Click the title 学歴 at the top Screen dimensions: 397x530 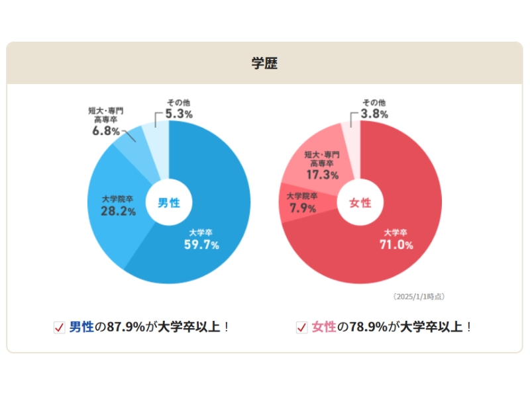pyautogui.click(x=264, y=64)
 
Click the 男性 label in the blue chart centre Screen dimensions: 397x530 pyautogui.click(x=168, y=203)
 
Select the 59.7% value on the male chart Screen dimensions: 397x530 pyautogui.click(x=201, y=245)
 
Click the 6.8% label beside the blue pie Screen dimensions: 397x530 pyautogui.click(x=105, y=131)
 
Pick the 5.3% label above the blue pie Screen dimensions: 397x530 pyautogui.click(x=179, y=114)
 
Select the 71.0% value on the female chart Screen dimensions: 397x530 pyautogui.click(x=396, y=245)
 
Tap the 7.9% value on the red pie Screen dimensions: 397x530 pyautogui.click(x=303, y=208)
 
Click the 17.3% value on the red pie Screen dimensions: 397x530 pyautogui.click(x=323, y=175)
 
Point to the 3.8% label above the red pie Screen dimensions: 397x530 pyautogui.click(x=374, y=114)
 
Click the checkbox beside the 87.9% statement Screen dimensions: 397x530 pyautogui.click(x=59, y=328)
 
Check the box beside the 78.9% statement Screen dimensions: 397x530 pyautogui.click(x=301, y=328)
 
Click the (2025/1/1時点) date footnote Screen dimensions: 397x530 pyautogui.click(x=419, y=296)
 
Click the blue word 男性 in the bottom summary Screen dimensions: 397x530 pyautogui.click(x=82, y=327)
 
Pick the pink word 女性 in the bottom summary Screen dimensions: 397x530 pyautogui.click(x=324, y=327)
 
